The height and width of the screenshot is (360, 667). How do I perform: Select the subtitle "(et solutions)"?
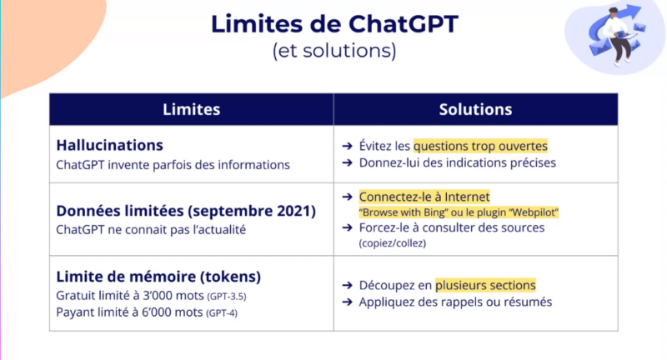point(334,51)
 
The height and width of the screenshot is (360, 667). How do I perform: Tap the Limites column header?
point(192,110)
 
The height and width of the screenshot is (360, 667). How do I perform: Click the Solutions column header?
point(475,110)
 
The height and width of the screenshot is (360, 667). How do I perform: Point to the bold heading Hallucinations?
point(110,145)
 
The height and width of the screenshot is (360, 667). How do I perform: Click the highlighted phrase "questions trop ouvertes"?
point(480,146)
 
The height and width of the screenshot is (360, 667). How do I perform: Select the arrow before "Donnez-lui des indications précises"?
point(347,162)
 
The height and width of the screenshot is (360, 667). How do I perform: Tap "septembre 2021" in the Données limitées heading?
point(252,211)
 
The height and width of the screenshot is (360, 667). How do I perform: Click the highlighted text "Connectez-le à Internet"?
point(424,197)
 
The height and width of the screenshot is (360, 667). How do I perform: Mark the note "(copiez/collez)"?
point(392,243)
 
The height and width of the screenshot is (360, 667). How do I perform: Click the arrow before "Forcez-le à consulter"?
point(347,227)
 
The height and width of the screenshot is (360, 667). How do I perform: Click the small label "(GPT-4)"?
point(222,313)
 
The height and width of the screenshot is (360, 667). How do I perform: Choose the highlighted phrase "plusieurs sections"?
point(485,285)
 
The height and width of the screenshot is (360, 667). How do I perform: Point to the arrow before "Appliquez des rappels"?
point(347,302)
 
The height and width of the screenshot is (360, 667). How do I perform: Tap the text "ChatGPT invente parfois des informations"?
point(173,165)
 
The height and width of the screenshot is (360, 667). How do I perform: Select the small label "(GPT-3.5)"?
point(227,296)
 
